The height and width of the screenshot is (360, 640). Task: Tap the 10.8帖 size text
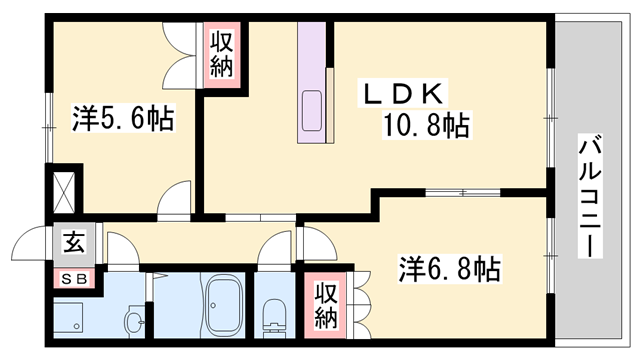425,126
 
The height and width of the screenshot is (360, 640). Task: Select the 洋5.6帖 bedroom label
122,120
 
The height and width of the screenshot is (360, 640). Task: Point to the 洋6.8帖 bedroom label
451,269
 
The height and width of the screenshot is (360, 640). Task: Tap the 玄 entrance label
74,242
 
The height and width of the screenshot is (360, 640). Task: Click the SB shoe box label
74,278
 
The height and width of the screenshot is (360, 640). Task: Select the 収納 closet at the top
222,56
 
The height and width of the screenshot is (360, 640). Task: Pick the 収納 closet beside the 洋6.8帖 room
325,305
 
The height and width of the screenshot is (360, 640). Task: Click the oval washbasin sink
134,321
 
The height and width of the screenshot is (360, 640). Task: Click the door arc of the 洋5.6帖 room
177,198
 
